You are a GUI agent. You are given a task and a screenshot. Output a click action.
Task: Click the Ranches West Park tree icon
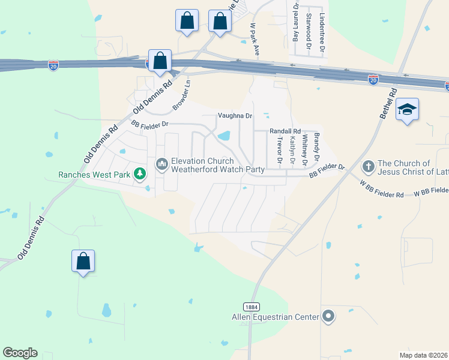(140, 174)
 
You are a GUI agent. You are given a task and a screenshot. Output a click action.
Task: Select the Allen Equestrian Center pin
(328, 316)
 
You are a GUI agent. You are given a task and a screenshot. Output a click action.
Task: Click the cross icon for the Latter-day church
(369, 165)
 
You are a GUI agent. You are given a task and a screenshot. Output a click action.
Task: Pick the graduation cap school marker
(408, 109)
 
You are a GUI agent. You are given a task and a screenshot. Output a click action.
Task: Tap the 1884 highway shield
(252, 306)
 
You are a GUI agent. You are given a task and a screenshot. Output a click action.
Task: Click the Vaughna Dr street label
(235, 116)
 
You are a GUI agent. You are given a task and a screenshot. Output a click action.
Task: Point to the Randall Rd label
(285, 130)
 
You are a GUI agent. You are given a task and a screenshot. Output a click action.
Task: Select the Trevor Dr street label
(279, 149)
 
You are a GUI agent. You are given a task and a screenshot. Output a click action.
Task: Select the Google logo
(20, 353)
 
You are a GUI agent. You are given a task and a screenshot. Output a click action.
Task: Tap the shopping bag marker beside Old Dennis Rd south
(83, 261)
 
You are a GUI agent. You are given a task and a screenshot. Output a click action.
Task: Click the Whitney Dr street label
(305, 150)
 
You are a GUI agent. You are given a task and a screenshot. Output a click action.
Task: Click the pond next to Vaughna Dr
(224, 136)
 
